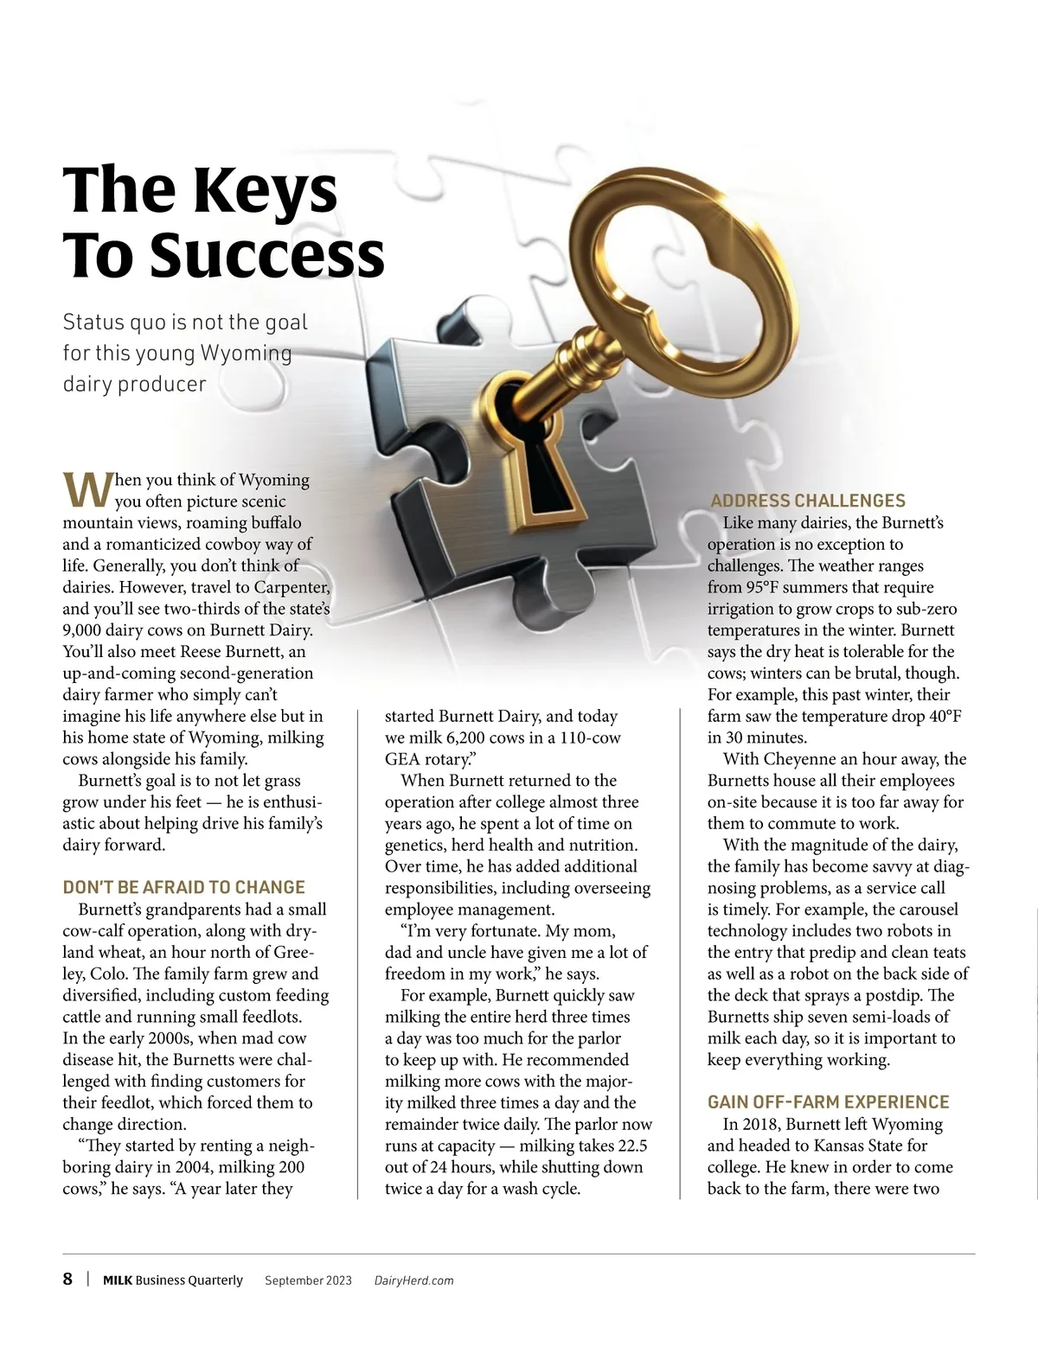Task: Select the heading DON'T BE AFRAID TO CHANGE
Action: click(183, 887)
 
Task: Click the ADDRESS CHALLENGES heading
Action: click(807, 501)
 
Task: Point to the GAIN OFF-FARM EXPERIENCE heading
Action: click(828, 1102)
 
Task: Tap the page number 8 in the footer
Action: click(67, 1280)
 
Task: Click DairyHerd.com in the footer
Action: click(413, 1280)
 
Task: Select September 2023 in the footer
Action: click(308, 1280)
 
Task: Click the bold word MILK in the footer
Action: click(118, 1280)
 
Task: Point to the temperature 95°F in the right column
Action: click(766, 587)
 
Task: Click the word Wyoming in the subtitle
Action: click(246, 354)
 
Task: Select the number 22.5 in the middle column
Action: click(631, 1146)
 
